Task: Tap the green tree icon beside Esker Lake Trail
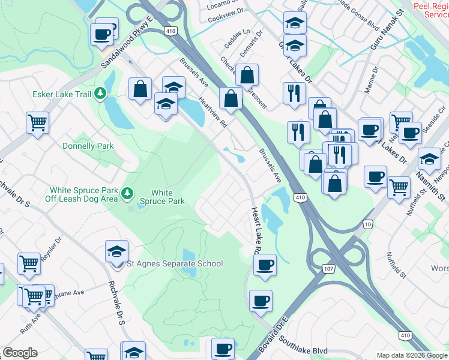click(x=101, y=93)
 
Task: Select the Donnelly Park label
click(x=88, y=146)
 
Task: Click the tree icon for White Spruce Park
click(x=127, y=193)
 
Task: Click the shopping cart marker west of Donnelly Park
click(x=38, y=123)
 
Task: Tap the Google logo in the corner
click(x=20, y=353)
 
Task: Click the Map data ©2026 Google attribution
click(x=412, y=355)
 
